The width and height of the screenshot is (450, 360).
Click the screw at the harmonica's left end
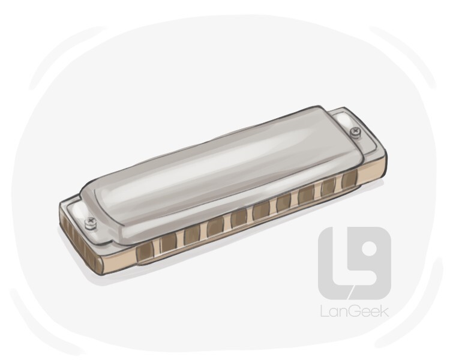pos(91,222)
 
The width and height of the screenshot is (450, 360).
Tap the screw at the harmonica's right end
pos(355,131)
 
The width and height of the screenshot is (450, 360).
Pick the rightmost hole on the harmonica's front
pos(350,178)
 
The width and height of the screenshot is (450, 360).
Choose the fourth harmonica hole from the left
pos(215,227)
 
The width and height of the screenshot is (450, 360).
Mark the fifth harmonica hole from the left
pos(239,218)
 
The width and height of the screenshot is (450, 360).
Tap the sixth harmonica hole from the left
pos(262,210)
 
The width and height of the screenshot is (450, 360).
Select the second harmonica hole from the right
pos(328,187)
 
